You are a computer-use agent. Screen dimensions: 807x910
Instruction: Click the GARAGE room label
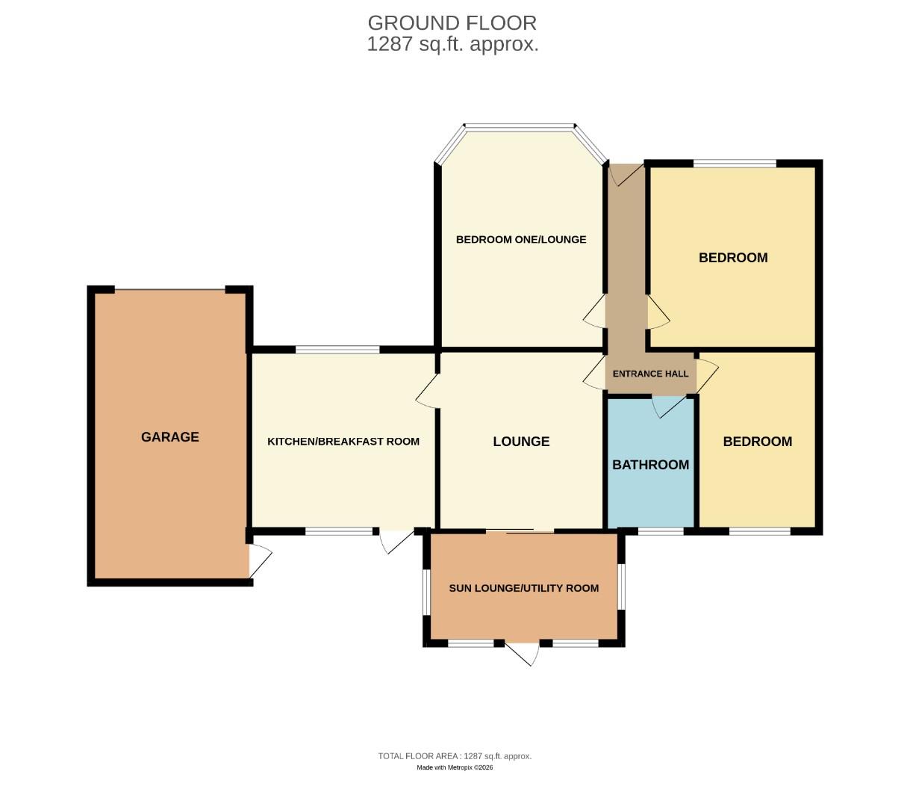point(170,437)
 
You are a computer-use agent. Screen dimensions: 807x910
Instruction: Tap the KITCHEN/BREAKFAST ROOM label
point(343,442)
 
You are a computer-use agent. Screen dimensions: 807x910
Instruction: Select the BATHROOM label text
point(650,465)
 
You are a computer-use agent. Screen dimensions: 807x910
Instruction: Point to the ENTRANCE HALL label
point(650,374)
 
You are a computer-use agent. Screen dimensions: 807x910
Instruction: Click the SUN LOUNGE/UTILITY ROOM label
point(523,588)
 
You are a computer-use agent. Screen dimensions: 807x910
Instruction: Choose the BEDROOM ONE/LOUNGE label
point(521,240)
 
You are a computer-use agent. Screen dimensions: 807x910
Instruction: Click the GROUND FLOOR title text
point(452,22)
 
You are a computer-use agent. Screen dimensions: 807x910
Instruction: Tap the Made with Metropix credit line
point(455,767)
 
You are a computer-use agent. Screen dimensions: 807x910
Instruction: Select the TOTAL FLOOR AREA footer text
point(455,756)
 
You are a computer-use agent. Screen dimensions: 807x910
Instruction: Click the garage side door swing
point(259,560)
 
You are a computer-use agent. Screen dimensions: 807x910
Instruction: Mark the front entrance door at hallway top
point(626,175)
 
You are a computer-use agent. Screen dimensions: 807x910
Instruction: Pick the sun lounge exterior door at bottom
point(523,652)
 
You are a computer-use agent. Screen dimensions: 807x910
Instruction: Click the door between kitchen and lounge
point(427,391)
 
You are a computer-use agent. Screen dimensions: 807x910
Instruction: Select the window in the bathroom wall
point(660,531)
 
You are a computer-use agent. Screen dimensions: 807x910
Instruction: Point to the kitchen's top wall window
point(337,349)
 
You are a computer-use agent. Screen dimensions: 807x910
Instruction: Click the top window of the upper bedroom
point(735,163)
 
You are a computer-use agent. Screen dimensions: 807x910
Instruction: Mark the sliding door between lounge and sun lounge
point(520,531)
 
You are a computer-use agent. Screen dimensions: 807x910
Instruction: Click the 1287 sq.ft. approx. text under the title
point(452,44)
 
